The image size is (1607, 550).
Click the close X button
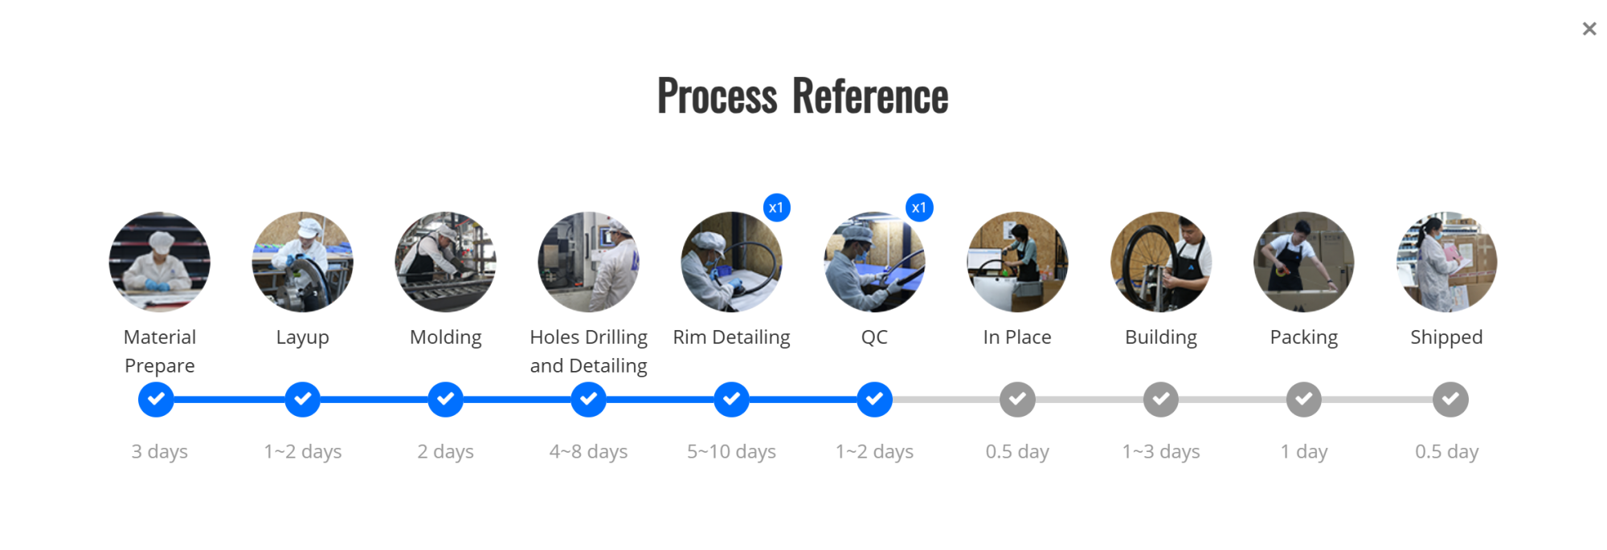click(1589, 29)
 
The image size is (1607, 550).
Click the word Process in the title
click(717, 96)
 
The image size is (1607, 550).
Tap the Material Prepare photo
click(160, 262)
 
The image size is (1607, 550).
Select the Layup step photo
click(302, 262)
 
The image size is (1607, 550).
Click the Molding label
click(445, 337)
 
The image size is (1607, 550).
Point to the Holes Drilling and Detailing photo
click(588, 262)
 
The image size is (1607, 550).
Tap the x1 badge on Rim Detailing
click(776, 208)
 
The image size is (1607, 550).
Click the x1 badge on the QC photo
click(919, 208)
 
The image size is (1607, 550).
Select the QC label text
click(874, 337)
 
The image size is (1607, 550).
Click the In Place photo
click(1017, 262)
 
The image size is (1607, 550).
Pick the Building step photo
click(1160, 262)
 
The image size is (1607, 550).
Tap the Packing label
click(1303, 337)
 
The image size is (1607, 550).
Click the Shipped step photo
click(1446, 262)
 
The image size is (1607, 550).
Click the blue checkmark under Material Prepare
click(156, 399)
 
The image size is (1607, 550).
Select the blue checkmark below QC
click(874, 399)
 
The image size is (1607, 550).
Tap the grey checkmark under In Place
click(1017, 399)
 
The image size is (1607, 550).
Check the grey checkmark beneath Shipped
click(1450, 399)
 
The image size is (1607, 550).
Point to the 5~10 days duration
click(731, 452)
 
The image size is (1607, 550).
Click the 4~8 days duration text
click(588, 452)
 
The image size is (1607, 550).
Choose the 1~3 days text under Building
click(1160, 452)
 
